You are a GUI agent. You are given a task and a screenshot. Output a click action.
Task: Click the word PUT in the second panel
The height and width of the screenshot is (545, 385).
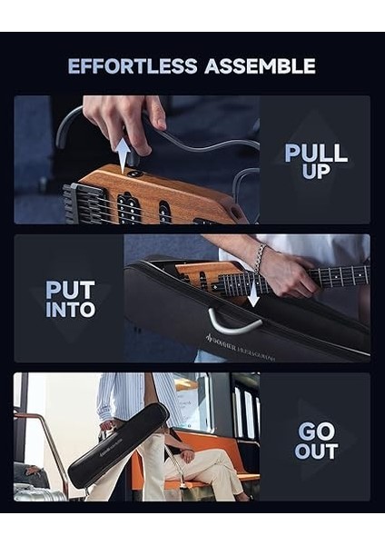pyautogui.click(x=70, y=291)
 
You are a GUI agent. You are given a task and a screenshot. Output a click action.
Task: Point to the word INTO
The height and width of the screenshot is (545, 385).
pyautogui.click(x=70, y=310)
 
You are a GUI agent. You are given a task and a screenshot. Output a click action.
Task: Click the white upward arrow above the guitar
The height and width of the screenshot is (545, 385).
pyautogui.click(x=123, y=152)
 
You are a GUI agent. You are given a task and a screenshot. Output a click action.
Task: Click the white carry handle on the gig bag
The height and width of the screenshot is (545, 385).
pyautogui.click(x=233, y=320)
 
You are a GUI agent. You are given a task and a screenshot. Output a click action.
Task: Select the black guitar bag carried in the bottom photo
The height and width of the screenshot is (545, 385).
pyautogui.click(x=118, y=445)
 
